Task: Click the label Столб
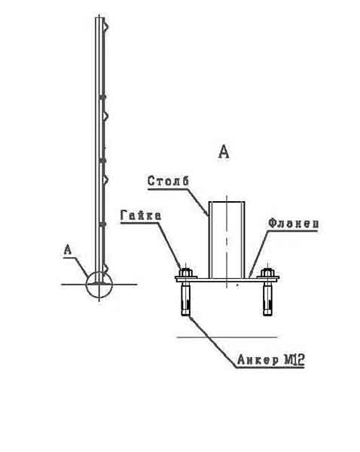pyautogui.click(x=168, y=181)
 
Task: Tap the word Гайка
pyautogui.click(x=141, y=215)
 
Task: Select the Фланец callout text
pyautogui.click(x=294, y=223)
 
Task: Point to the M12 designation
pyautogui.click(x=294, y=360)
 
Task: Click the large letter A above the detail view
pyautogui.click(x=224, y=152)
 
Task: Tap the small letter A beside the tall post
pyautogui.click(x=67, y=249)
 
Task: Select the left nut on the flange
pyautogui.click(x=186, y=272)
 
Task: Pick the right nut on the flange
pyautogui.click(x=267, y=272)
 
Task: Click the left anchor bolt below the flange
pyautogui.click(x=186, y=299)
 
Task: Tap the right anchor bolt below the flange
pyautogui.click(x=267, y=299)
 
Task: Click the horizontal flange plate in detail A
pyautogui.click(x=227, y=279)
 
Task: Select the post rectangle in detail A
pyautogui.click(x=227, y=240)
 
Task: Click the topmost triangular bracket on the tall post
pyautogui.click(x=106, y=27)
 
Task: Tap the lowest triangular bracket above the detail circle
pyautogui.click(x=105, y=268)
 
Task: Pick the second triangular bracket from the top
pyautogui.click(x=105, y=116)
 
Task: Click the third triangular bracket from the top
pyautogui.click(x=105, y=179)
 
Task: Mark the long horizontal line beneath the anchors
pyautogui.click(x=227, y=337)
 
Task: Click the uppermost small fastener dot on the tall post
pyautogui.click(x=102, y=97)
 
